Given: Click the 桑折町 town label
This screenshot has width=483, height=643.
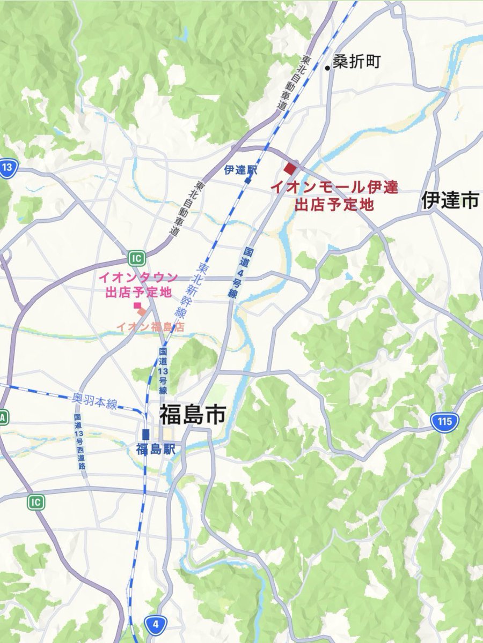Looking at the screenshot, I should tap(356, 62).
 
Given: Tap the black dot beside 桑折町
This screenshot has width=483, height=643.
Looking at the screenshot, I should tap(327, 68).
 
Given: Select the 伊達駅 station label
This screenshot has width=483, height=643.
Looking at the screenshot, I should tap(241, 170).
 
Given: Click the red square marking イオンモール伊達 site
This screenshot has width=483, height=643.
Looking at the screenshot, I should tap(290, 169).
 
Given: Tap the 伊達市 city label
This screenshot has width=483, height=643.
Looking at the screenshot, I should tap(450, 200).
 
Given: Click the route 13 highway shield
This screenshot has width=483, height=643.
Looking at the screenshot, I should tap(7, 168).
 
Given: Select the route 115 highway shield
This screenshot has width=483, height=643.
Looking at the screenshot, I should tap(444, 421).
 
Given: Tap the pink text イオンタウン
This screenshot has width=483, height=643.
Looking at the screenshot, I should tap(137, 278).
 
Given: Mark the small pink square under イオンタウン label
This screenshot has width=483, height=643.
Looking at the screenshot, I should tap(137, 305).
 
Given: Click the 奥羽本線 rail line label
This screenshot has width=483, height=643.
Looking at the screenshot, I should tap(94, 401).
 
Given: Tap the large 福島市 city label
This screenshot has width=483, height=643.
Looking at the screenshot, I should tap(192, 415).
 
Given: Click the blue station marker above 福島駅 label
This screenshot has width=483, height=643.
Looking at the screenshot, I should tap(145, 435).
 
